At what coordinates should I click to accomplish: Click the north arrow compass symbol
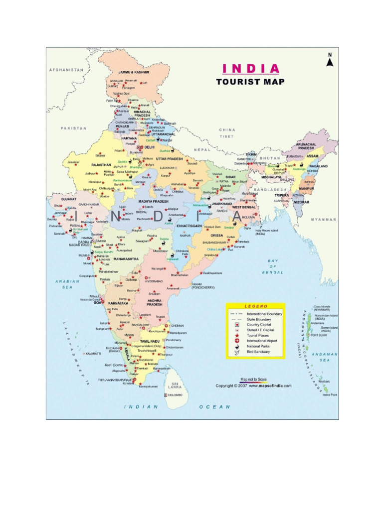[x=329, y=59]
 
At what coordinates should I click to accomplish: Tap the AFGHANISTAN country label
[x=66, y=70]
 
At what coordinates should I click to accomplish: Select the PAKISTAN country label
[x=74, y=128]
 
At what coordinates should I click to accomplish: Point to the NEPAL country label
[x=202, y=149]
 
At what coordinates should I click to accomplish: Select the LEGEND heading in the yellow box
[x=255, y=306]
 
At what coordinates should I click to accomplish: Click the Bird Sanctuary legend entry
[x=258, y=352]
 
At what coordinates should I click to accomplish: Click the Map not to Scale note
[x=253, y=379]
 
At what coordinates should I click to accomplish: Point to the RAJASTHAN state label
[x=101, y=165]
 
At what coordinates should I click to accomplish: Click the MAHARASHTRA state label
[x=126, y=259]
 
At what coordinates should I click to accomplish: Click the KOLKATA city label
[x=248, y=217]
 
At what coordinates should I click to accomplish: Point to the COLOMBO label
[x=175, y=395]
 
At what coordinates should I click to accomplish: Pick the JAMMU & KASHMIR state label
[x=134, y=72]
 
